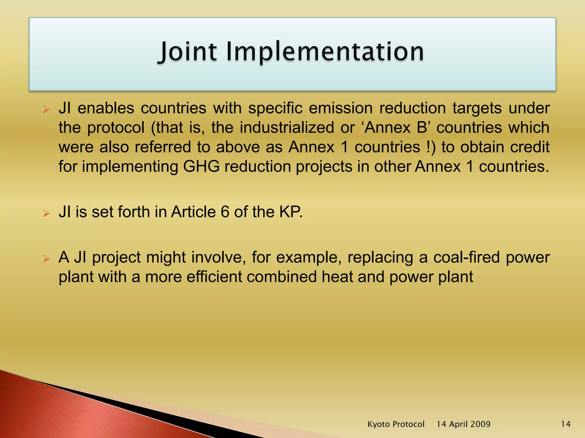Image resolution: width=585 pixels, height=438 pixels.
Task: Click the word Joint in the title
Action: tap(187, 52)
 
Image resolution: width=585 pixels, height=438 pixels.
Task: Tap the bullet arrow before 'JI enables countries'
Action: tap(46, 109)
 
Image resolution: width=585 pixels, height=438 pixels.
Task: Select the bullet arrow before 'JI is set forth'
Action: tap(46, 213)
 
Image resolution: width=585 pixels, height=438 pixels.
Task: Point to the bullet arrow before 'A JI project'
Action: tap(46, 259)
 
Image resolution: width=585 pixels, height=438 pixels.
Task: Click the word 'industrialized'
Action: tap(287, 127)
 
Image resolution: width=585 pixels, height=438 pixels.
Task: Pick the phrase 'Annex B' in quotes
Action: tap(399, 127)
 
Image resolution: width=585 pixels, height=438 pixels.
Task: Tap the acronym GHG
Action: tap(201, 167)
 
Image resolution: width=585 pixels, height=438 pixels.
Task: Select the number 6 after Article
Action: tap(225, 212)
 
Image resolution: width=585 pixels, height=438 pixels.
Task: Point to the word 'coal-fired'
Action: tap(467, 257)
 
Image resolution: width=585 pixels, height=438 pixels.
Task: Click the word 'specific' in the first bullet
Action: tap(275, 108)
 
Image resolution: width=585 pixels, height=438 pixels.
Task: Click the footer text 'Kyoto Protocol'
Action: tap(396, 424)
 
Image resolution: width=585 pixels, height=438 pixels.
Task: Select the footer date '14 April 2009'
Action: tap(463, 424)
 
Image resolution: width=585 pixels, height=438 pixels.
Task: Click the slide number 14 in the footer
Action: tap(566, 424)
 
